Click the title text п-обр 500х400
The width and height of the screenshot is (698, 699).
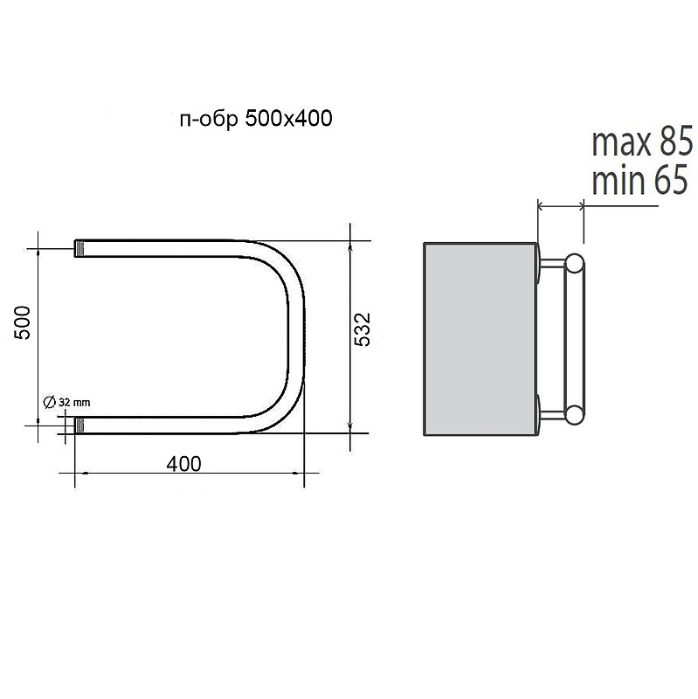pyautogui.click(x=256, y=119)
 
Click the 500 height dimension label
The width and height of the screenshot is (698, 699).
pyautogui.click(x=23, y=322)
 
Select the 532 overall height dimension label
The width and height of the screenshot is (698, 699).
pyautogui.click(x=363, y=329)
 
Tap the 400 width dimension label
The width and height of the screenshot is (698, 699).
pyautogui.click(x=183, y=464)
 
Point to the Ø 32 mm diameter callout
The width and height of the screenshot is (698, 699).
pyautogui.click(x=66, y=402)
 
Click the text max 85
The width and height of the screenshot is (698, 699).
pyautogui.click(x=642, y=142)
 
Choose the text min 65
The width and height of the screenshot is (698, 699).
pyautogui.click(x=639, y=179)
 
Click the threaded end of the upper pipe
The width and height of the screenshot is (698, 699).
pyautogui.click(x=79, y=248)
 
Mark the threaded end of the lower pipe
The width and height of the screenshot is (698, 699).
pyautogui.click(x=79, y=426)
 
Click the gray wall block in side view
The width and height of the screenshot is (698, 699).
pyautogui.click(x=480, y=339)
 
